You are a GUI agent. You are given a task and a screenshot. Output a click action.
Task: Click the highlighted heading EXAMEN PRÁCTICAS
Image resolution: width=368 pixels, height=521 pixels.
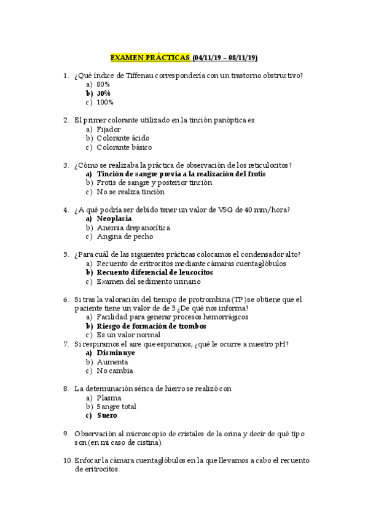click(x=150, y=58)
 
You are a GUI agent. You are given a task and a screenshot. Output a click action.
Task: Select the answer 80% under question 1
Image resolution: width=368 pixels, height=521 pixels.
click(x=103, y=84)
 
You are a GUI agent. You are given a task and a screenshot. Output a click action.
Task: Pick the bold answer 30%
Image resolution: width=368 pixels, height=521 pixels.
click(x=103, y=93)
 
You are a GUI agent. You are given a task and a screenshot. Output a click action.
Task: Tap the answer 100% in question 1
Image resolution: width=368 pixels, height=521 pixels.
click(x=105, y=102)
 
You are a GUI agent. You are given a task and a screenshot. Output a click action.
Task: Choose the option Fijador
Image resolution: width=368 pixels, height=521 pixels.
click(x=109, y=130)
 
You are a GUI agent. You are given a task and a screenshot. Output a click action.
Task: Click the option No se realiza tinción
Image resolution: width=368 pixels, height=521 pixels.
click(x=131, y=192)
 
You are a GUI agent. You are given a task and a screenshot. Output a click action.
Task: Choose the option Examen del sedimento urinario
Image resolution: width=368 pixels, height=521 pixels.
click(x=149, y=281)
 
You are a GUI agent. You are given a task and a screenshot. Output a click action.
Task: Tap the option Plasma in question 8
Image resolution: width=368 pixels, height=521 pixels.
click(x=109, y=398)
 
